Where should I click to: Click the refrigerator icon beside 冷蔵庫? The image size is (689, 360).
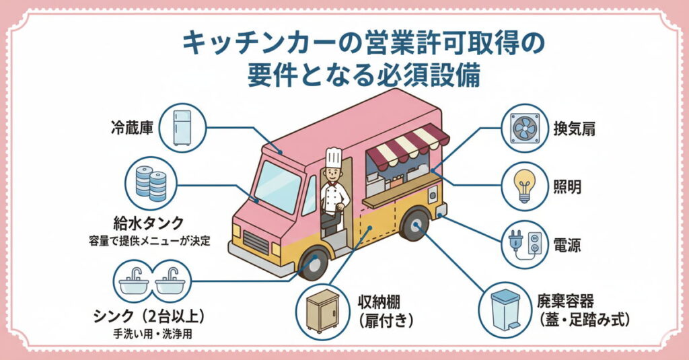pos(181,127)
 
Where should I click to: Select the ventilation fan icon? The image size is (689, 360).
pos(526,129)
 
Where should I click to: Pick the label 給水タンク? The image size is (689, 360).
pos(149,223)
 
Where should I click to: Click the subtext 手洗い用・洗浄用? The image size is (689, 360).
pos(150,334)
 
